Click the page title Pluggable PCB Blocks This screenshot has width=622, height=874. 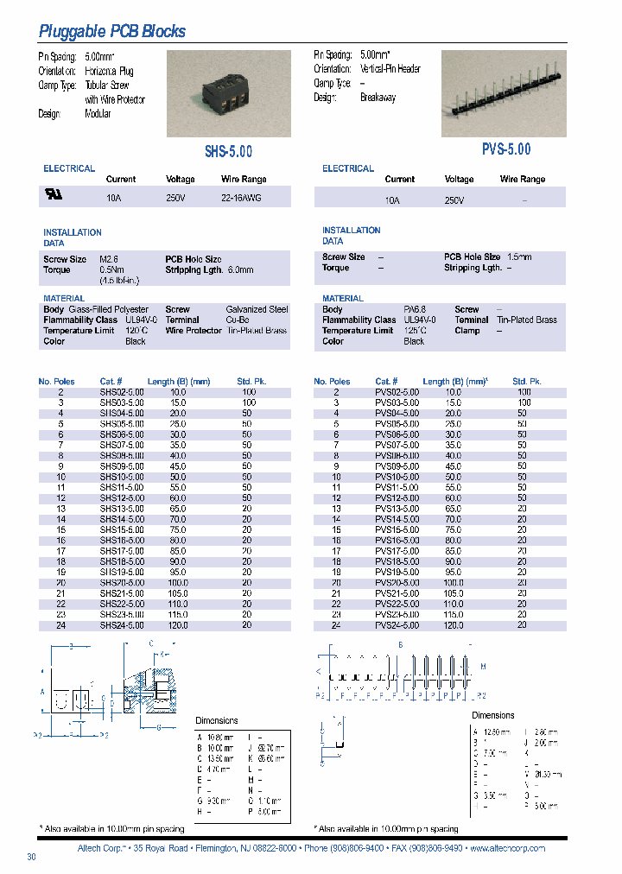112,32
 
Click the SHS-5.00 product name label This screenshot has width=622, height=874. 228,151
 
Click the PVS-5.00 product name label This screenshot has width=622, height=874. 506,149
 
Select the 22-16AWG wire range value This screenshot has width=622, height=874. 242,198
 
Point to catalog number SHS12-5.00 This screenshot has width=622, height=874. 122,497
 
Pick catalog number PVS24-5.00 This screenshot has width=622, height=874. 397,624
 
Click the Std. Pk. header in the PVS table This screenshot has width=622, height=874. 526,381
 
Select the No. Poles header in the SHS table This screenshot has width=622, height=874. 57,381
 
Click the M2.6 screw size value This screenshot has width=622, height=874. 108,259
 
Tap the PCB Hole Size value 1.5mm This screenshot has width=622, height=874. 518,256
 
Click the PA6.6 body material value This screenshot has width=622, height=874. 414,309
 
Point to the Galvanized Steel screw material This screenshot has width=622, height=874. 257,309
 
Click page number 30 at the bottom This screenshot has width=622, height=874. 32,857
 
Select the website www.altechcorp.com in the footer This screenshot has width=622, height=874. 507,848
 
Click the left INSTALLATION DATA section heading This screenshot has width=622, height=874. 73,237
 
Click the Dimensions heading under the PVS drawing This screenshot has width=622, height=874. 492,715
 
